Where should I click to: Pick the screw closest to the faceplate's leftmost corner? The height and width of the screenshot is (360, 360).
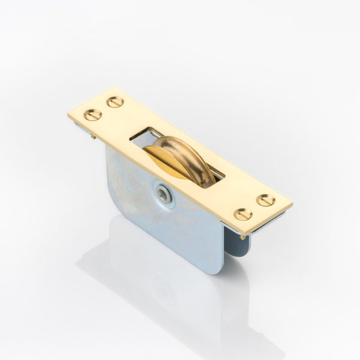coord(92,115)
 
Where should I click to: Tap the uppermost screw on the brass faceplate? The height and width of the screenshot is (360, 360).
coord(115,101)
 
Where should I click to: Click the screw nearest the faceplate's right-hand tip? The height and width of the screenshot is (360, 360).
coord(265,200)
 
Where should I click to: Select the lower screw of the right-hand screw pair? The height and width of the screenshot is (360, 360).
coord(243,214)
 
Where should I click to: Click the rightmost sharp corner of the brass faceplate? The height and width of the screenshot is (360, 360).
coord(292,205)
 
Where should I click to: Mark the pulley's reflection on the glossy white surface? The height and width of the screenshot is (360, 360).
coord(162,294)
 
